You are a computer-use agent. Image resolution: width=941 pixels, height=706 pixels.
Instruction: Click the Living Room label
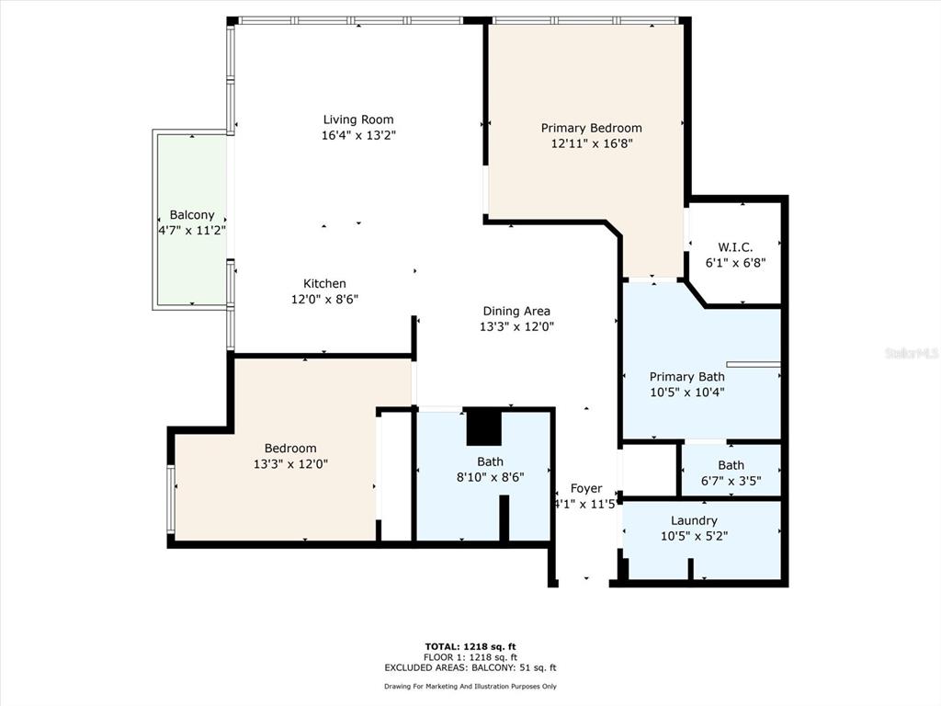tap(358, 120)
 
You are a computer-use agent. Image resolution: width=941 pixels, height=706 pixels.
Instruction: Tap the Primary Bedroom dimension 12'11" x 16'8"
tap(592, 143)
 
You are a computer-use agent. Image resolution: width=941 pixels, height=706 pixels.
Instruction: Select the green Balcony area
tap(192, 220)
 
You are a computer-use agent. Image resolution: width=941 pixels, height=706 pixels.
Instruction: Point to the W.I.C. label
tap(735, 246)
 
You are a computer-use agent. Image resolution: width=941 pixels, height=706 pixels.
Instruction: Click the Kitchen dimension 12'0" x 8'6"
tap(324, 299)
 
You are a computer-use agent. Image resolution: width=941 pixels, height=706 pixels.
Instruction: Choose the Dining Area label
tap(516, 311)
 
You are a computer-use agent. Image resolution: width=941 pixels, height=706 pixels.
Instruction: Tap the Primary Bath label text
tap(687, 376)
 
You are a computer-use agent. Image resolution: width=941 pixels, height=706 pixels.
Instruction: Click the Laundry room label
tap(694, 520)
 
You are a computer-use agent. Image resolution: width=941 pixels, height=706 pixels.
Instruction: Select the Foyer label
tap(586, 488)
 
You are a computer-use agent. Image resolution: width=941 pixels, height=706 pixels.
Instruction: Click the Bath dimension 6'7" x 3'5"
tap(731, 481)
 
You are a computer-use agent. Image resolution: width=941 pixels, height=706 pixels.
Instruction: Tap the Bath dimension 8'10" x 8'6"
tap(491, 477)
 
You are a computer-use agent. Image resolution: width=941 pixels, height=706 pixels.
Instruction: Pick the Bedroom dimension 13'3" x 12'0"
tap(290, 464)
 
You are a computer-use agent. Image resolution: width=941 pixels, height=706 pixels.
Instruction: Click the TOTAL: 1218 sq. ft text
tap(470, 646)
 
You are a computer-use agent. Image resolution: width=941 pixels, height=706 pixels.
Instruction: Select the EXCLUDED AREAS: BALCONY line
tap(470, 667)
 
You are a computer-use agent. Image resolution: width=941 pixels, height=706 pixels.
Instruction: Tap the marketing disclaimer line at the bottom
tap(470, 686)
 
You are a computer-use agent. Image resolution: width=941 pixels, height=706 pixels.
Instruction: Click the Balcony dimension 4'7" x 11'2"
tap(192, 231)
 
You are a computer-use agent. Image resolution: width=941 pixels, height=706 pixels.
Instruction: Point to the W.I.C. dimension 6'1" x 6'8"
tap(735, 262)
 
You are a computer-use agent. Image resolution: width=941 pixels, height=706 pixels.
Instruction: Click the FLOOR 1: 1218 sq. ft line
tap(470, 657)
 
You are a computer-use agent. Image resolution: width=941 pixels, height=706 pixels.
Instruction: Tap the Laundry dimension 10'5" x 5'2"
tap(694, 536)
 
